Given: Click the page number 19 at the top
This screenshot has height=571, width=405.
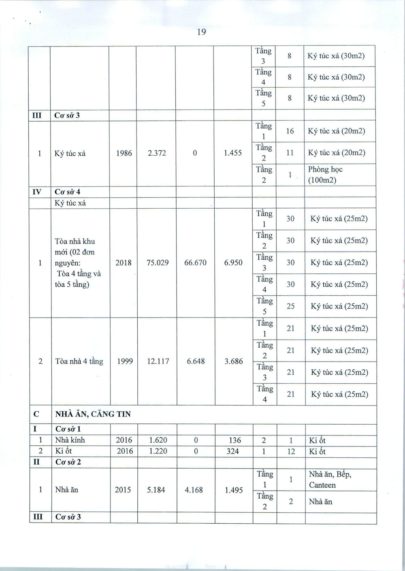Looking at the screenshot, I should pos(202,32).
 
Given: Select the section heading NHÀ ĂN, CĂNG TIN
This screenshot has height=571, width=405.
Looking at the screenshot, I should pos(93,414).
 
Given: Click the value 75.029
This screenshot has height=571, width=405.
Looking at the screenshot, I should pos(158,262).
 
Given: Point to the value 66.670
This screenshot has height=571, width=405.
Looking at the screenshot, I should pos(195,262).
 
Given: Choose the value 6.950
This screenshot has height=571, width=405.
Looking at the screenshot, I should pos(233,262).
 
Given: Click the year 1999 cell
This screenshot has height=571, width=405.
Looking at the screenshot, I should pos(125,361).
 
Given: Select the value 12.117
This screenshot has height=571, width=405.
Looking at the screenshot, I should pos(158,361).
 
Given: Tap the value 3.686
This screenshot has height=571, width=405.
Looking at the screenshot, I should pos(234,361).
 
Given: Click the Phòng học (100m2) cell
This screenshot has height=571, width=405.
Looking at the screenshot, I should pos(325,175).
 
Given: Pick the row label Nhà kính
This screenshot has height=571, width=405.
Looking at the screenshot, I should pos(70,440).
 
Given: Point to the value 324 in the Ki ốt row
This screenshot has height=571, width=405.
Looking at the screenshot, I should pos(233,451).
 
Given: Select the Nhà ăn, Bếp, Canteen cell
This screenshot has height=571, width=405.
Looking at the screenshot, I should pos(330,479).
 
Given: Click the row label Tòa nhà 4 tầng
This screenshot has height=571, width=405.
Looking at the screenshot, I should pos(79,361).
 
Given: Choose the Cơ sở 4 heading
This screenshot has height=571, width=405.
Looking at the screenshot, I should pos(67,192).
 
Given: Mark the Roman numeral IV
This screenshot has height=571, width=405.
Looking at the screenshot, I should pos(36,192).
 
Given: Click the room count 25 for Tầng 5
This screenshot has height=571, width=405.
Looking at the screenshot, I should pos(290,306).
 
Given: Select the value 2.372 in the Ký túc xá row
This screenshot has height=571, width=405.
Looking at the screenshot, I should pos(157,153).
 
